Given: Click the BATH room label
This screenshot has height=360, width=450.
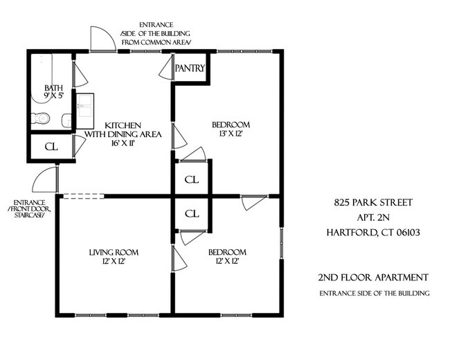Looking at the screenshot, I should coord(53,88).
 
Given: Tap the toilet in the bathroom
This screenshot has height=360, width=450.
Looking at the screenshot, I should coord(43,118).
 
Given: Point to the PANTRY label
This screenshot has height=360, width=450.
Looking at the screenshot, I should coord(189,69).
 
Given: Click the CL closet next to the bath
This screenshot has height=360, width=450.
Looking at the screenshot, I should coord(51,147).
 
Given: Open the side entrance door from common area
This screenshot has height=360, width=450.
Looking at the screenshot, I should coord(102,39).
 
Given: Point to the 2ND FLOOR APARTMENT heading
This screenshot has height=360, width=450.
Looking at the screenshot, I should coord(373,278).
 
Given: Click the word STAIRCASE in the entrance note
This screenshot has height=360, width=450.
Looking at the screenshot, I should coord(26,215).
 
